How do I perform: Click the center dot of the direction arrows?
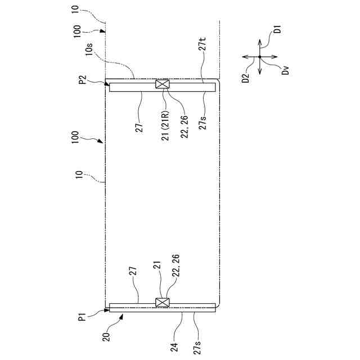[259, 57]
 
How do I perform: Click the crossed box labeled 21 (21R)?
[163, 85]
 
